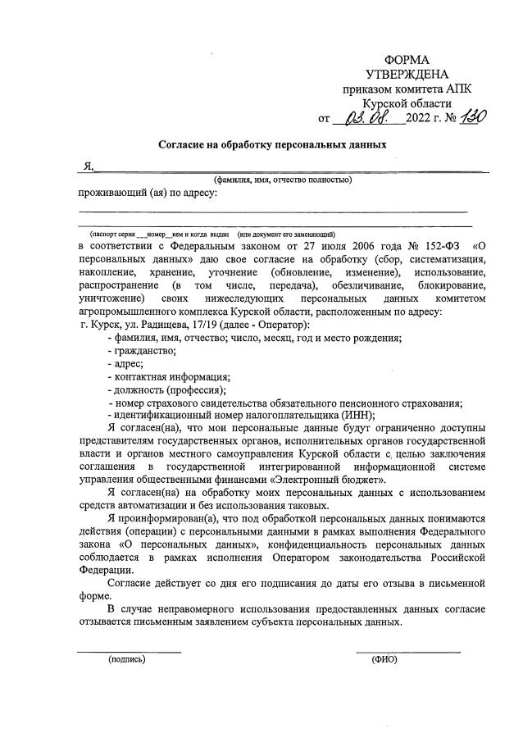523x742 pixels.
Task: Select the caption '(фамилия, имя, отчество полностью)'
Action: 283,180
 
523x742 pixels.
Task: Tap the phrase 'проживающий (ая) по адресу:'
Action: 148,193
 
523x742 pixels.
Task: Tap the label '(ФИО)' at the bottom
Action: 384,658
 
